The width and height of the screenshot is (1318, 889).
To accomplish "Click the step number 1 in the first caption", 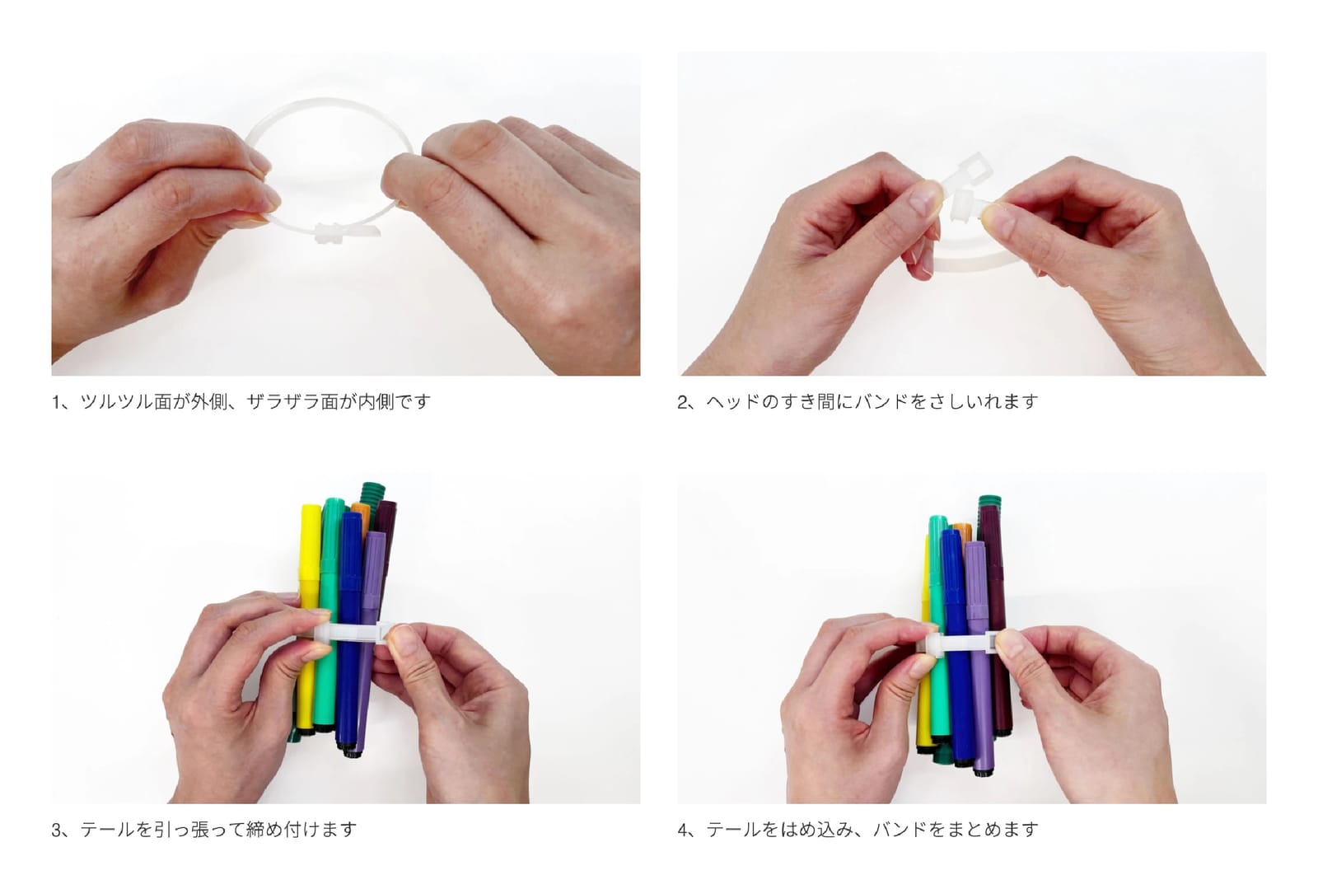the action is coord(56,402).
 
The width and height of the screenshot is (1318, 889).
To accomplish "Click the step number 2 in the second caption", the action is coord(683,402).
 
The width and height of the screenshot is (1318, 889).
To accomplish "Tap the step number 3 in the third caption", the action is coord(57,831).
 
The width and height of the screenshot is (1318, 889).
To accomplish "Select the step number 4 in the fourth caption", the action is coord(683,831).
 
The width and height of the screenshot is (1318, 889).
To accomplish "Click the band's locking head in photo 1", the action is coord(329,233).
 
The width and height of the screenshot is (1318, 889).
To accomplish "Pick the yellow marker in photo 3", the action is coord(308,618).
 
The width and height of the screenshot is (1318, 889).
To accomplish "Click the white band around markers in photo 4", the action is coord(962,643).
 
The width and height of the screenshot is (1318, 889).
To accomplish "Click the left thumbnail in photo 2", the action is coord(926,198).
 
